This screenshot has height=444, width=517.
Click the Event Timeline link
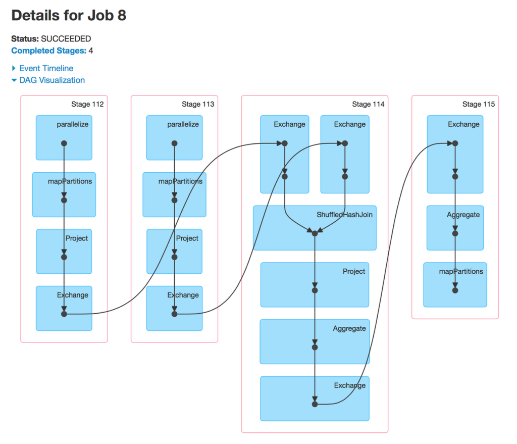[x=46, y=68]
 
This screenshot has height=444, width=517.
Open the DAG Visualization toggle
[x=51, y=80]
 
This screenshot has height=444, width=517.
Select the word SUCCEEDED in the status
[x=66, y=39]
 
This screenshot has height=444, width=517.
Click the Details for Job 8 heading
[x=69, y=16]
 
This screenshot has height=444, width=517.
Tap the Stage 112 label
[x=87, y=104]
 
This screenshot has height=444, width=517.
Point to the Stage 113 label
[x=198, y=104]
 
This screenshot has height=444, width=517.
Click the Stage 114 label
[x=368, y=104]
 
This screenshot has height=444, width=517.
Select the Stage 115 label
[x=479, y=104]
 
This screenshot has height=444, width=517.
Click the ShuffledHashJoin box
[x=315, y=227]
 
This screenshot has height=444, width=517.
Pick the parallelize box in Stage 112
[x=64, y=137]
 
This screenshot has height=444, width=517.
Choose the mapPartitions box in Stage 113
[x=174, y=194]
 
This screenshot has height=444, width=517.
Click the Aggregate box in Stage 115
[x=455, y=227]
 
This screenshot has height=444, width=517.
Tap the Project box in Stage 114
[x=315, y=284]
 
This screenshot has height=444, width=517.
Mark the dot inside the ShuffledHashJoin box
[x=315, y=233]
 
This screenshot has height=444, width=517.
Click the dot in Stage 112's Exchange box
[x=64, y=314]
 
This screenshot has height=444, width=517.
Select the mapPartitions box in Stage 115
[x=455, y=284]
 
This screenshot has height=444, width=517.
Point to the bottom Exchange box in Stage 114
[x=315, y=398]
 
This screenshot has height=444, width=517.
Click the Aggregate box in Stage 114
[x=315, y=341]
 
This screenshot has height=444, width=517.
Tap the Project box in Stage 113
[x=174, y=251]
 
